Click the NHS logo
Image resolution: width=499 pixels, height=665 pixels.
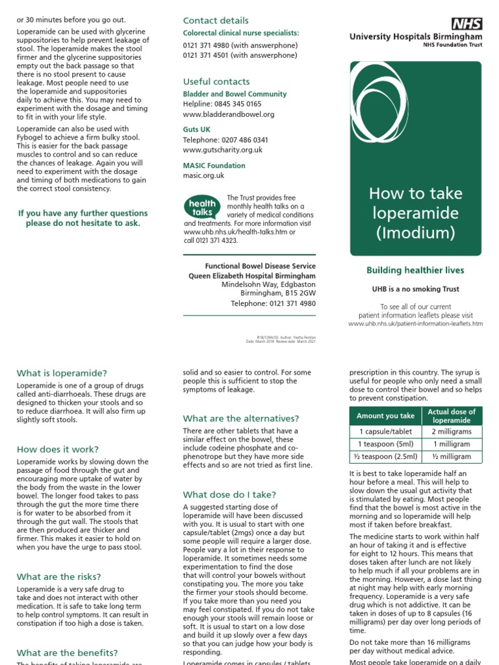(467, 25)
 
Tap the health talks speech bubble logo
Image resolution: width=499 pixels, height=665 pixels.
(202, 208)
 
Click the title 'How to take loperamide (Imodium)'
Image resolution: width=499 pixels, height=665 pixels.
(415, 213)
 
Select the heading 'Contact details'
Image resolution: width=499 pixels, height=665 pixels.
(216, 21)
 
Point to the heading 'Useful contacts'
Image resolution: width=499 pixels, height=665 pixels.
(216, 82)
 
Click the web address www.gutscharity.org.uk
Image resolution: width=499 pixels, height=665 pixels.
(223, 150)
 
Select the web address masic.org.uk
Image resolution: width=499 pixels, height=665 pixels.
(203, 175)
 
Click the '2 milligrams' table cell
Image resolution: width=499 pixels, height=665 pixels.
(451, 431)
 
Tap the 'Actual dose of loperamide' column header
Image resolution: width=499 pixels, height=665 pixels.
(451, 416)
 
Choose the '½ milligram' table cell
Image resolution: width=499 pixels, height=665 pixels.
(451, 457)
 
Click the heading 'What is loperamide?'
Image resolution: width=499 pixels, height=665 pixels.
(62, 373)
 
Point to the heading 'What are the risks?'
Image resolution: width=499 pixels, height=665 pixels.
(58, 577)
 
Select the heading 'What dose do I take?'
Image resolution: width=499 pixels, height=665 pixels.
(229, 495)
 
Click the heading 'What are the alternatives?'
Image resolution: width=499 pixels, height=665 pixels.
(241, 419)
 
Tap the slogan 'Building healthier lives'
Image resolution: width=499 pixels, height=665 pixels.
(415, 271)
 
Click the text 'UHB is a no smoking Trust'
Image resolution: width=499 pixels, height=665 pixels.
(415, 290)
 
